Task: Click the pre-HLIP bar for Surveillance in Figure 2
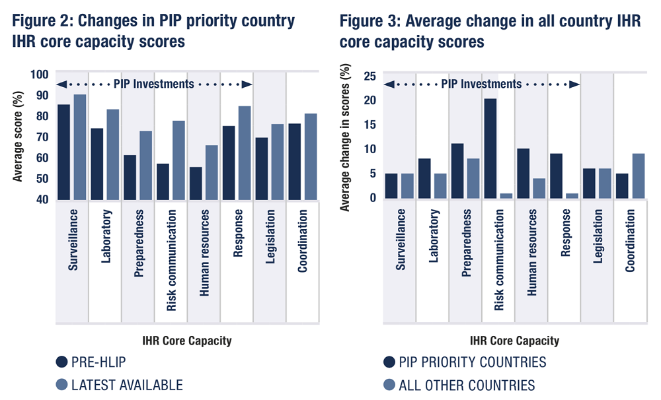(x=63, y=152)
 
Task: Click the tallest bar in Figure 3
(x=490, y=149)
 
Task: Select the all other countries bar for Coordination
(x=639, y=176)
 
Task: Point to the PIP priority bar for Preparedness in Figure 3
(x=457, y=171)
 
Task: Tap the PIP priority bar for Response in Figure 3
(x=557, y=176)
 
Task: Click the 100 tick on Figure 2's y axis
(x=40, y=75)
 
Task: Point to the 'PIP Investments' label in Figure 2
(x=154, y=84)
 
